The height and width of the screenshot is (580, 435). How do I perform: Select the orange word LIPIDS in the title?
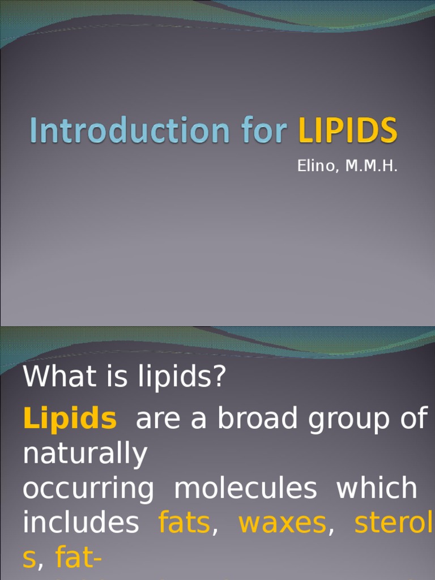(348, 131)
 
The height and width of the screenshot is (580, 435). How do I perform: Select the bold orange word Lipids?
(70, 419)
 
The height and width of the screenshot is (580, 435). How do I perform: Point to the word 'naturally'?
(85, 455)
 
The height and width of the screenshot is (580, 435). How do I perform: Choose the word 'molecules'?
(245, 489)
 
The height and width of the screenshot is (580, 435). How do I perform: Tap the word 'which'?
(377, 489)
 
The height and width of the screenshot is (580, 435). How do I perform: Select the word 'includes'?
(80, 524)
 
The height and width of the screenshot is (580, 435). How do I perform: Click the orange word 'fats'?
(184, 524)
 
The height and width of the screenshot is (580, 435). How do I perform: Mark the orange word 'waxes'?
(282, 524)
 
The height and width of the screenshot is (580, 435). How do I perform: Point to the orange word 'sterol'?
(394, 524)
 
